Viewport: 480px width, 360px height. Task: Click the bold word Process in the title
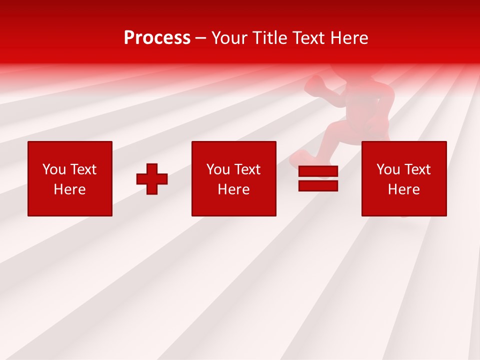[x=157, y=38]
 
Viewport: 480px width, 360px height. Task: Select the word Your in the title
[x=229, y=38]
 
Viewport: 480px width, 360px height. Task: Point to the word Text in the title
[x=307, y=38]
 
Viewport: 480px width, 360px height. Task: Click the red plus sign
[x=152, y=179]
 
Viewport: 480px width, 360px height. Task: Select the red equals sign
[x=318, y=179]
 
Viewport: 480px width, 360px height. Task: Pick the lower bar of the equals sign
[x=318, y=186]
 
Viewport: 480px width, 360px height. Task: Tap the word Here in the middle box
[x=234, y=189]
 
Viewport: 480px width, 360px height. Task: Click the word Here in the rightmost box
[x=404, y=189]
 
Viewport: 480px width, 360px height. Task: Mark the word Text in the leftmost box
[x=83, y=169]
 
